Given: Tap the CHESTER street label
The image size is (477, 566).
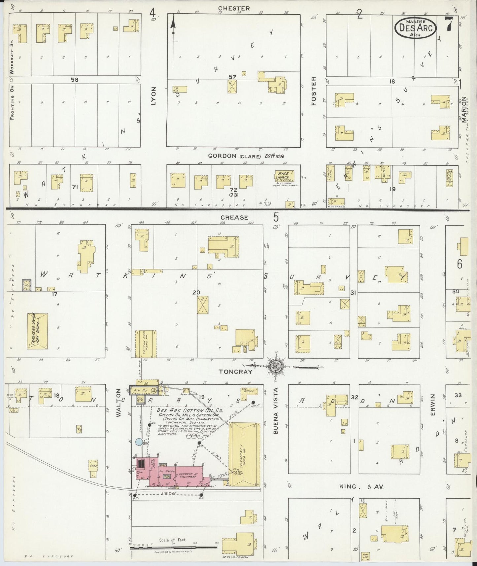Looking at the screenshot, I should click(233, 8).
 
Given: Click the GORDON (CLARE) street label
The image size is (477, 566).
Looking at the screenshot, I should click(246, 156).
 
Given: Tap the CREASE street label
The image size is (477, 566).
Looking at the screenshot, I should click(234, 217).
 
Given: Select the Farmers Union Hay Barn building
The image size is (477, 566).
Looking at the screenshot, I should click(37, 331).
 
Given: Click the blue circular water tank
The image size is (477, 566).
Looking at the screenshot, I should click(140, 442).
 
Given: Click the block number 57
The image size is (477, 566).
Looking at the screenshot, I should click(232, 77).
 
